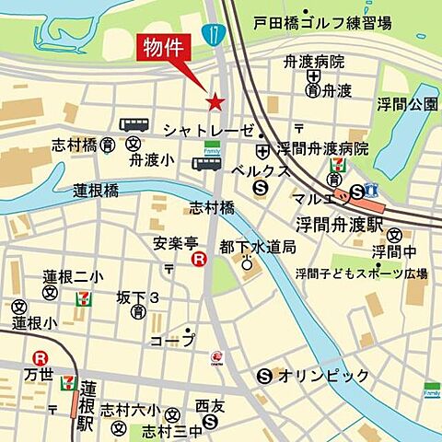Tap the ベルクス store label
[x=261, y=171]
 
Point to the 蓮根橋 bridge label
[x=97, y=190]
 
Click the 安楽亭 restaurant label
[x=176, y=243]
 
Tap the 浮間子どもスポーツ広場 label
[x=361, y=273]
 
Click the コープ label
[x=172, y=341]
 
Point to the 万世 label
[x=40, y=375]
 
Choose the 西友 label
[x=211, y=405]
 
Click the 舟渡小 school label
[x=151, y=159]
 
